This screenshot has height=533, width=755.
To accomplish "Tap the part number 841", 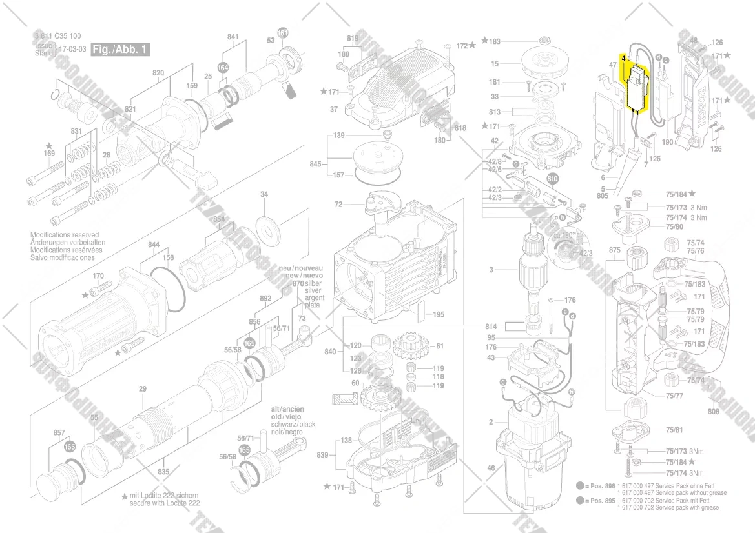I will [x=233, y=37].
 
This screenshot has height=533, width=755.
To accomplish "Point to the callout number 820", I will [x=158, y=73].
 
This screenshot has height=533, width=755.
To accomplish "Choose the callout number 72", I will [x=338, y=205].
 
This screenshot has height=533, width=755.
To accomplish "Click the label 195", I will [x=439, y=314].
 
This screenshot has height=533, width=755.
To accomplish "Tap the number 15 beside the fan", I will [x=495, y=63].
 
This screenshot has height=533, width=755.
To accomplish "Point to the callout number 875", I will [x=614, y=250].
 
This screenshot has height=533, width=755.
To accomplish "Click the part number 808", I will [x=713, y=410].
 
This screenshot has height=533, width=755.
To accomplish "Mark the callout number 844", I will [x=153, y=245].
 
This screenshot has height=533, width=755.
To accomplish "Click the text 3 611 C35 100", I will [x=57, y=37].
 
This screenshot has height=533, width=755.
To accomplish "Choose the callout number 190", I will [x=668, y=141].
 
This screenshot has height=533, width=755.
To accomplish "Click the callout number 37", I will [x=334, y=110].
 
